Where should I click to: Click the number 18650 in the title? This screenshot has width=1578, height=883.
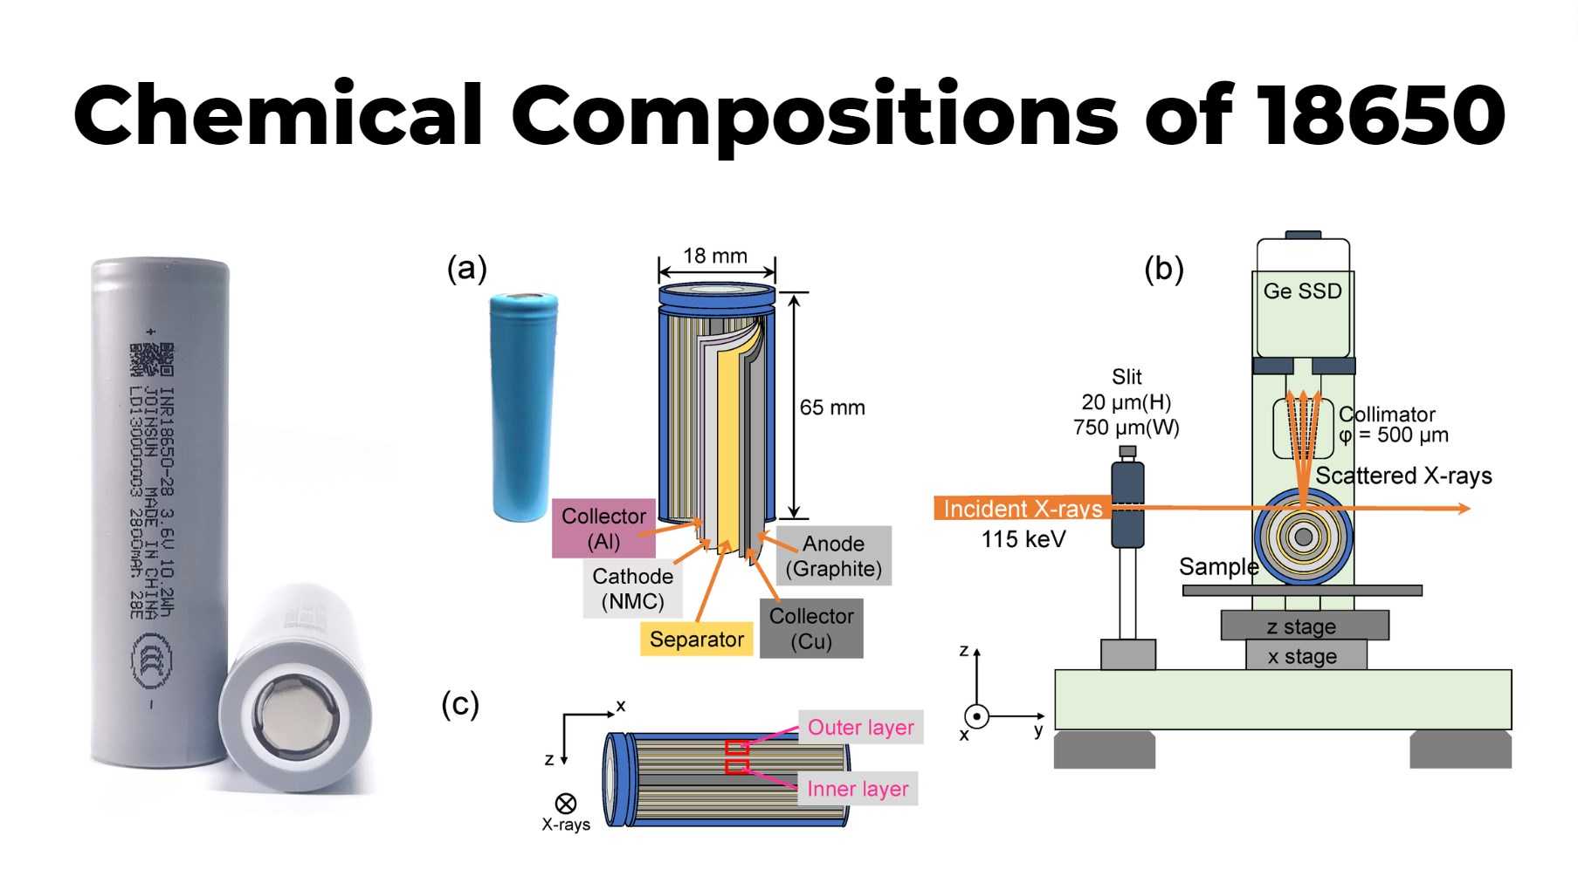(1382, 115)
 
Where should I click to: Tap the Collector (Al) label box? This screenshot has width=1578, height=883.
(603, 528)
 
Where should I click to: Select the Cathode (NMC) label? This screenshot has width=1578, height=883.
(632, 589)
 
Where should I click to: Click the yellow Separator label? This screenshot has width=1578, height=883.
(696, 640)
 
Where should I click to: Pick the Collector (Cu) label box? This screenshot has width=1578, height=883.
(811, 628)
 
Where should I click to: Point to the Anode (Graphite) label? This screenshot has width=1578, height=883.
(833, 556)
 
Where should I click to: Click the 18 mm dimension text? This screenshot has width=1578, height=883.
(715, 256)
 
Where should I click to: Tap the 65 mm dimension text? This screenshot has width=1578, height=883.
(832, 407)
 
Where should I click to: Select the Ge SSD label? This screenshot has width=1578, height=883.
(1302, 291)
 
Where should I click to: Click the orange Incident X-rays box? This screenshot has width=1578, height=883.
(1023, 509)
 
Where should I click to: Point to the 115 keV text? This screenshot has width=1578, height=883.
(1023, 539)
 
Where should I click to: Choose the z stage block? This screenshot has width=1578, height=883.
(1302, 626)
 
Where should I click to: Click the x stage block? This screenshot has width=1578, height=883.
(1302, 656)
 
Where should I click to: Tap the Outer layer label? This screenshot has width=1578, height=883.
(860, 728)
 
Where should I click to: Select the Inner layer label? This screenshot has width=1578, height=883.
(858, 789)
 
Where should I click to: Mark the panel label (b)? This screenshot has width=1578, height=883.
(1164, 270)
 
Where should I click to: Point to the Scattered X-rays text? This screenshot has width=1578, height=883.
(1403, 476)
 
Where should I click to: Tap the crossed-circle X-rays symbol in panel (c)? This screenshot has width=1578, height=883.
(566, 803)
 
